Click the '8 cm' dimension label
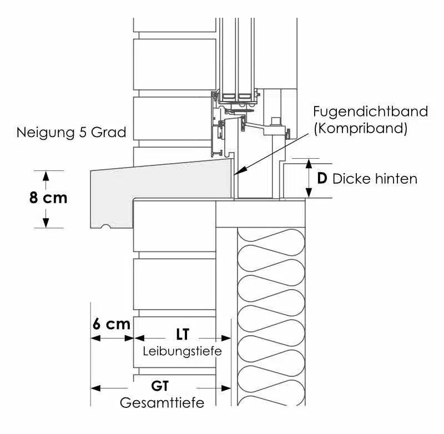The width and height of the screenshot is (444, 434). [x=48, y=198]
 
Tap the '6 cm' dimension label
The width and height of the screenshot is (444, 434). [x=111, y=324]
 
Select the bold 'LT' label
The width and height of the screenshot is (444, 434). [x=183, y=335]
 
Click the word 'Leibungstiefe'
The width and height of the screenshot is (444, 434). [x=182, y=351]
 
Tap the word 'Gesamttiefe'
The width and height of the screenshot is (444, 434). [x=162, y=403]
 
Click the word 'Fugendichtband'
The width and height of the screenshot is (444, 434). [x=370, y=112]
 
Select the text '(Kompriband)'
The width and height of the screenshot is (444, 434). [x=360, y=129]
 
